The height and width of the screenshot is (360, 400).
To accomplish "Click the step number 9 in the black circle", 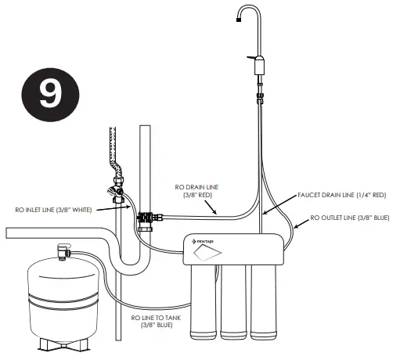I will point(49,92).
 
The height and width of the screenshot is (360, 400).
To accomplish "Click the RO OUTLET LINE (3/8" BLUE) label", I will point(349,218).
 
